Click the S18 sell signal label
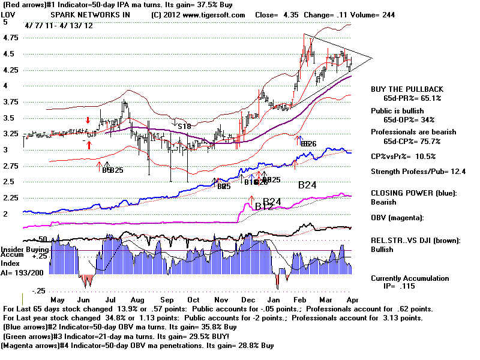click(x=183, y=126)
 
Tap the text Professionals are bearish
click(x=413, y=132)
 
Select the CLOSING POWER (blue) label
click(x=414, y=193)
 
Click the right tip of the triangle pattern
click(x=372, y=58)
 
